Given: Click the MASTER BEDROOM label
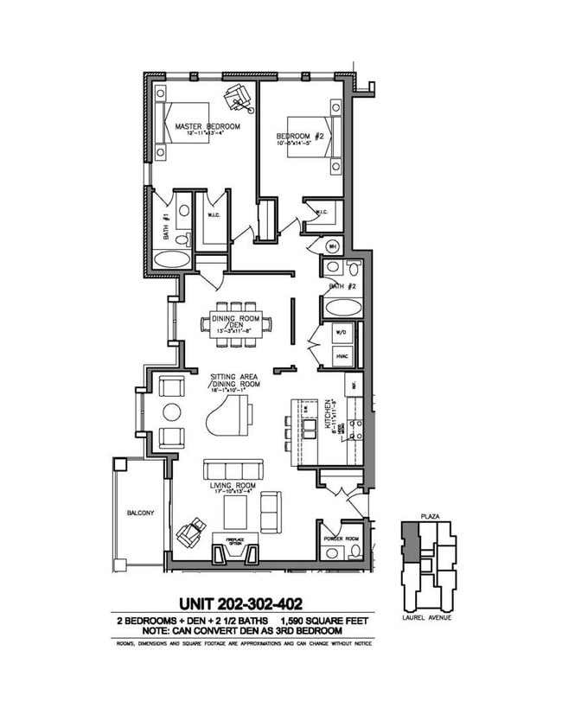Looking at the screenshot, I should pyautogui.click(x=207, y=126).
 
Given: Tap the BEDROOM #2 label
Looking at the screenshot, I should pyautogui.click(x=299, y=136).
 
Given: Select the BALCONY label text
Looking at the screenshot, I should pyautogui.click(x=140, y=513).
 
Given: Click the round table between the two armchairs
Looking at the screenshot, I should pyautogui.click(x=172, y=411).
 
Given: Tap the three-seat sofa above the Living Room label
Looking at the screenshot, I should pyautogui.click(x=230, y=469).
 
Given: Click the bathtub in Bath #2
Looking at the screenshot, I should pyautogui.click(x=343, y=307).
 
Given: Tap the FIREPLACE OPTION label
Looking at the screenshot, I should pyautogui.click(x=235, y=541).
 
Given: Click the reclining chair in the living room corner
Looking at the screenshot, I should pyautogui.click(x=191, y=531).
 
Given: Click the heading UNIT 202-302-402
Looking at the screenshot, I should pyautogui.click(x=240, y=603).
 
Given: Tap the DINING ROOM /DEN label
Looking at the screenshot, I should pyautogui.click(x=234, y=322).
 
